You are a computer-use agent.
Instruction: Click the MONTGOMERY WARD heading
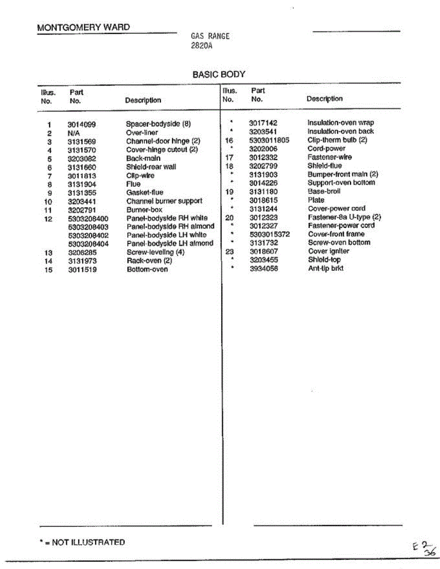(x=83, y=28)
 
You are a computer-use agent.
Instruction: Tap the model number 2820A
(x=201, y=46)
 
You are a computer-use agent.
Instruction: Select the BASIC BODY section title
(x=219, y=74)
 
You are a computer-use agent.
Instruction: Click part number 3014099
(x=82, y=125)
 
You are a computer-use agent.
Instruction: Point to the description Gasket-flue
(x=145, y=193)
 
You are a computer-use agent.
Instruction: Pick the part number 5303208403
(x=88, y=227)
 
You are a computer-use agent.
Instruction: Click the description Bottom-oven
(x=147, y=269)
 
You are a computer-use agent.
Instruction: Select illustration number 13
(x=48, y=253)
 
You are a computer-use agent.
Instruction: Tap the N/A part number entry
(x=74, y=133)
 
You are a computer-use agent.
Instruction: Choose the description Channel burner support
(x=164, y=201)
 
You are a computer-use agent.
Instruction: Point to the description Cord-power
(x=327, y=149)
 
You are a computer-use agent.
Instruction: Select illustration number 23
(x=229, y=251)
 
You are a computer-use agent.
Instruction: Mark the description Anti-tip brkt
(x=326, y=268)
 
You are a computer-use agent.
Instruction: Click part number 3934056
(x=263, y=268)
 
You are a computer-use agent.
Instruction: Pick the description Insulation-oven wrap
(x=340, y=123)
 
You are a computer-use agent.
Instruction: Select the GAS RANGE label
(x=210, y=36)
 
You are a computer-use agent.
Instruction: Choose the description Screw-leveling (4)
(x=155, y=252)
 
